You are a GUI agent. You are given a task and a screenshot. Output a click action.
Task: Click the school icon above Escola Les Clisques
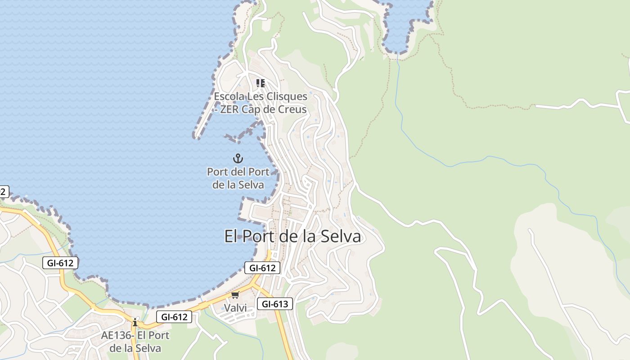260,83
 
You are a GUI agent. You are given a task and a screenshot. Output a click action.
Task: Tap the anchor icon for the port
238,158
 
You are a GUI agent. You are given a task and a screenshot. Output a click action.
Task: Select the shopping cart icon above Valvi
235,295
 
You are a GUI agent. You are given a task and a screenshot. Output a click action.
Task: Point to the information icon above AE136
135,322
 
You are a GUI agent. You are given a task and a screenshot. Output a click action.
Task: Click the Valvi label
235,308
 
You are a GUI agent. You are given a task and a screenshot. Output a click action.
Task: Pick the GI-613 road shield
274,304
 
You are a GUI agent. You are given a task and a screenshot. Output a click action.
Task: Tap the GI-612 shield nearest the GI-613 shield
262,268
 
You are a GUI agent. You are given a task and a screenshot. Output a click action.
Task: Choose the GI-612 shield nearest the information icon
174,317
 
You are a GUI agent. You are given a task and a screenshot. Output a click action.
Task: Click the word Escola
228,96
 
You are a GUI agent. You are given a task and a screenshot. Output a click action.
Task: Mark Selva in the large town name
341,237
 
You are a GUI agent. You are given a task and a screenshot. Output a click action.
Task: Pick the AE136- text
117,335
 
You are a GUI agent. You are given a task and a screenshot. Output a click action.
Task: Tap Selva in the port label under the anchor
250,184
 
